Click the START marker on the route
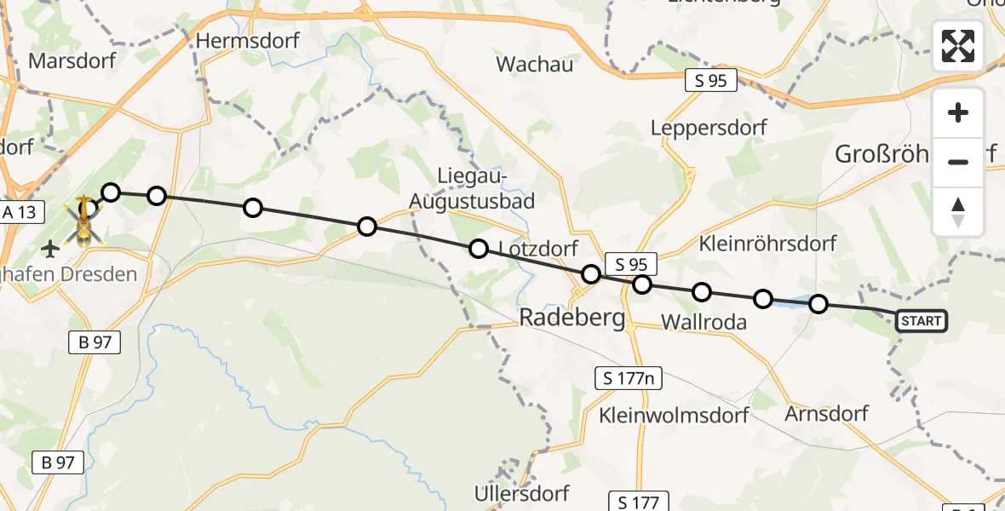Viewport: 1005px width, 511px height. click(x=921, y=321)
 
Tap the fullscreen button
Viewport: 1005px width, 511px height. click(x=958, y=46)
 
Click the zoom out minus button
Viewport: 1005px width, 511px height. click(x=958, y=162)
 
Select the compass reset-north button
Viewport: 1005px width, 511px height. click(x=958, y=211)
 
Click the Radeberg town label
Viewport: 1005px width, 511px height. click(x=571, y=319)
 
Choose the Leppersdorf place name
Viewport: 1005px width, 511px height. click(x=709, y=128)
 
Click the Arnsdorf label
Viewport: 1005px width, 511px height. click(x=826, y=414)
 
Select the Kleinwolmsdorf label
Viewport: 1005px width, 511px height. click(x=674, y=416)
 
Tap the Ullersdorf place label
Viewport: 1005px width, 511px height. click(x=521, y=493)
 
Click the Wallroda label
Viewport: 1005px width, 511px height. click(x=703, y=322)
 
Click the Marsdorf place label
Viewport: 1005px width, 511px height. click(x=72, y=61)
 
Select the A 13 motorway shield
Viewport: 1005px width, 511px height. click(x=20, y=212)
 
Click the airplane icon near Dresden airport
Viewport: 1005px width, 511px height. click(x=50, y=249)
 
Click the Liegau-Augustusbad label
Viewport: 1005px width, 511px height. click(x=473, y=189)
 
